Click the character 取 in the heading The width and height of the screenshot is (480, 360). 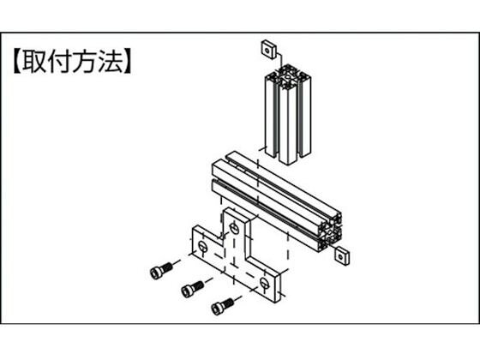click(x=33, y=61)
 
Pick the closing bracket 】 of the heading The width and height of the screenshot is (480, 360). click(x=128, y=61)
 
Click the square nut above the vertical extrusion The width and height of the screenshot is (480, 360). click(x=269, y=49)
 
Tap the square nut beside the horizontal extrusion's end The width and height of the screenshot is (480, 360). click(x=342, y=256)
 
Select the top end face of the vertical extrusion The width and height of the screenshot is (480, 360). click(x=288, y=75)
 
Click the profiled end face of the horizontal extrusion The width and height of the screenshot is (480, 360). click(x=330, y=232)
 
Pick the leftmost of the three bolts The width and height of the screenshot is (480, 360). click(x=161, y=270)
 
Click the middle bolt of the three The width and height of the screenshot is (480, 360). click(x=192, y=289)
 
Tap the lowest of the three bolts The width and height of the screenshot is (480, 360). click(x=223, y=306)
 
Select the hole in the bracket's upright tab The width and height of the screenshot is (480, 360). click(x=234, y=228)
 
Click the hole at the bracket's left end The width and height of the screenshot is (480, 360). click(x=202, y=245)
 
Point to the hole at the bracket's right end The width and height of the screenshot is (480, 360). click(x=264, y=283)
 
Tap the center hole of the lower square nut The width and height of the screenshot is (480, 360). click(x=341, y=256)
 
